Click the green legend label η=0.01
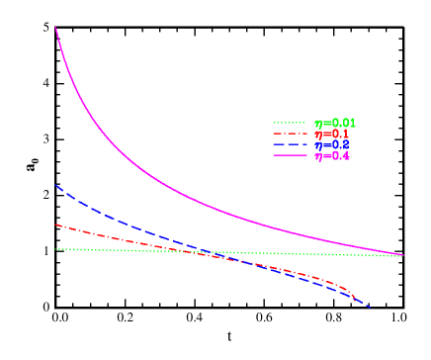(x=335, y=123)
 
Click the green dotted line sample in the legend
(x=290, y=123)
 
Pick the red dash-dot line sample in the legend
(x=290, y=134)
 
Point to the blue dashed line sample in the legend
(x=290, y=144)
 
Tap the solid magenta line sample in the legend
(x=290, y=156)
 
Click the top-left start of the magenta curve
(x=55, y=27)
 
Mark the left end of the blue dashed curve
(x=55, y=185)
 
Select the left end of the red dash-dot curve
(x=55, y=225)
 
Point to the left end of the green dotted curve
(x=55, y=249)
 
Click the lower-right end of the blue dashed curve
(x=372, y=308)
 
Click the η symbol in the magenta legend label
(x=317, y=156)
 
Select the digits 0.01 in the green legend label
(x=341, y=123)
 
